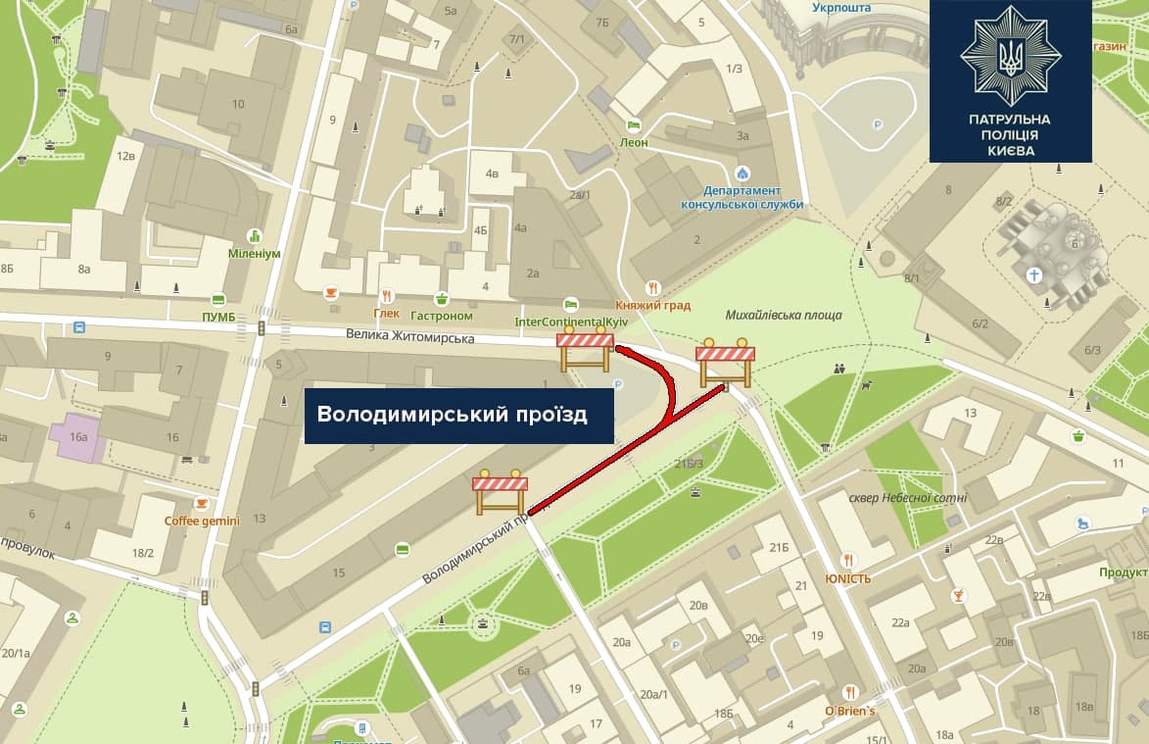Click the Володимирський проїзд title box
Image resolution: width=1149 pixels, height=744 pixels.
click(x=458, y=416)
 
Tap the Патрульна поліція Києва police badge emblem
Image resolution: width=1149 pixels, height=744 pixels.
click(x=1010, y=56)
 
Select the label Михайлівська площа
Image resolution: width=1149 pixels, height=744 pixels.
click(x=784, y=316)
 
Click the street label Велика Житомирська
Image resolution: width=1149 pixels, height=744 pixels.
click(x=409, y=336)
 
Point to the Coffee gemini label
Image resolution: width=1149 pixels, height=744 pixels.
click(x=202, y=521)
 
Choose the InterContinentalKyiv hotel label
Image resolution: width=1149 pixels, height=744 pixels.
click(x=571, y=322)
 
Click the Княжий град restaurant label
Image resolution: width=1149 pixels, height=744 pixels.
click(x=653, y=305)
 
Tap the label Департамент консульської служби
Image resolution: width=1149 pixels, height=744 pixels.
click(x=741, y=197)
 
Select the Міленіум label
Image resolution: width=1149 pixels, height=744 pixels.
click(x=255, y=253)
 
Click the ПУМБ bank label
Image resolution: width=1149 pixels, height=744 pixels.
click(x=217, y=317)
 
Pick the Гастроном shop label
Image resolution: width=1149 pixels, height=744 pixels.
click(x=442, y=316)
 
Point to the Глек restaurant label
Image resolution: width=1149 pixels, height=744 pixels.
click(x=387, y=314)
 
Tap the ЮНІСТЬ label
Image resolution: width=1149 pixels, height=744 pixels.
click(x=847, y=578)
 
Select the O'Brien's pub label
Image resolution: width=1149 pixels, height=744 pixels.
click(x=849, y=711)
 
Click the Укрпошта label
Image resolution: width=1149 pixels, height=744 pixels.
click(x=841, y=9)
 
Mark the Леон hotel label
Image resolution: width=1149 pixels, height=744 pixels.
click(x=634, y=142)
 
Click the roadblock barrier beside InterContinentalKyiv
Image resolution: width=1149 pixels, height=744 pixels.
click(x=585, y=351)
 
